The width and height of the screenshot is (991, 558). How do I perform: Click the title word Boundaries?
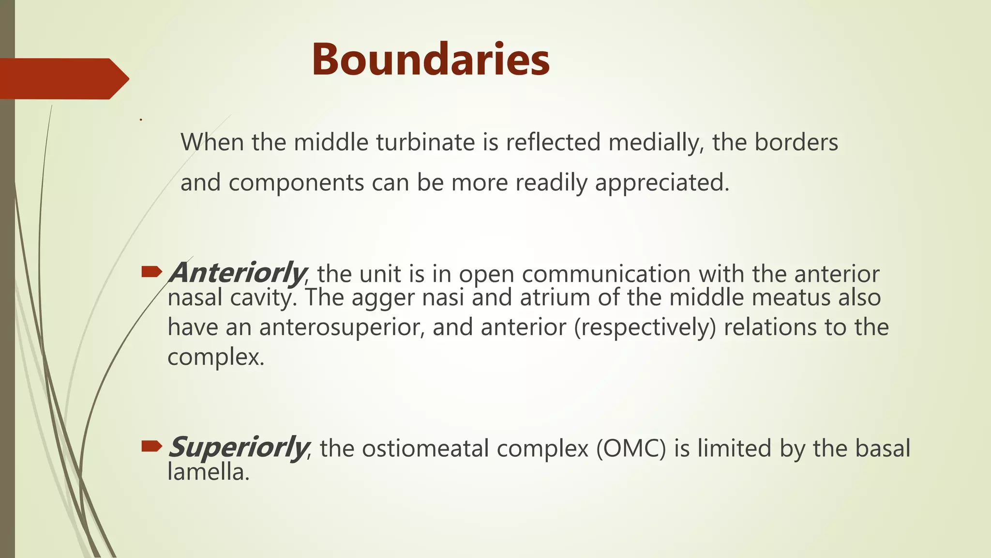pyautogui.click(x=430, y=60)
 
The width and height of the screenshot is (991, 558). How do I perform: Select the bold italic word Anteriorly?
pyautogui.click(x=238, y=273)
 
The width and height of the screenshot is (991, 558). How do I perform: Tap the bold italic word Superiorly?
pyautogui.click(x=238, y=447)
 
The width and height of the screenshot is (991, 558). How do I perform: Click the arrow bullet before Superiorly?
pyautogui.click(x=151, y=447)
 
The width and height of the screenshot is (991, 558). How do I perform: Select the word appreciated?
pyautogui.click(x=661, y=183)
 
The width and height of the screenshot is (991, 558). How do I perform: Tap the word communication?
pyautogui.click(x=606, y=274)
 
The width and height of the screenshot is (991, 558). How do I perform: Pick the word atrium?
pyautogui.click(x=555, y=297)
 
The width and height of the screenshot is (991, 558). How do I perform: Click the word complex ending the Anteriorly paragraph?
pyautogui.click(x=215, y=357)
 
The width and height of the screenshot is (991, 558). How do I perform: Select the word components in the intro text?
pyautogui.click(x=296, y=183)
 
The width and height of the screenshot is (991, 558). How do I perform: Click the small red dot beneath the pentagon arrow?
pyautogui.click(x=141, y=120)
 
